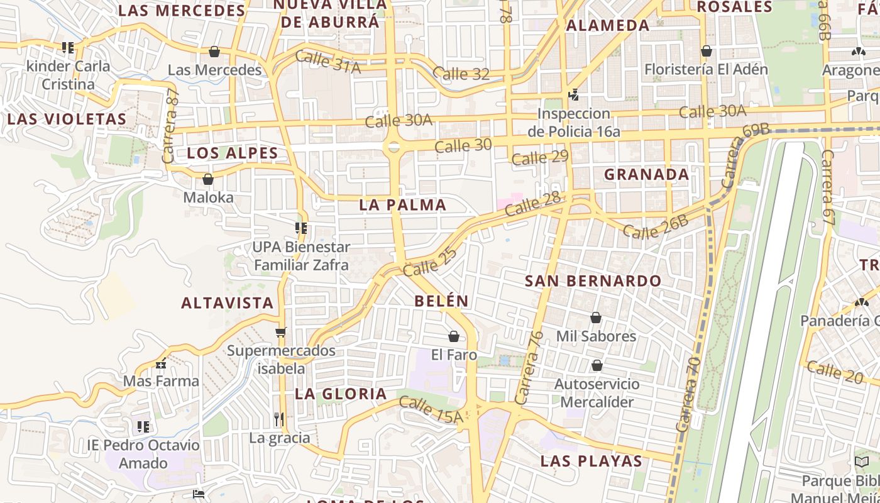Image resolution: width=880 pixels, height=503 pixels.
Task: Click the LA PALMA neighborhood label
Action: tap(403, 205)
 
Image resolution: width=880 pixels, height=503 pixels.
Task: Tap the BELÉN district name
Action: tap(441, 301)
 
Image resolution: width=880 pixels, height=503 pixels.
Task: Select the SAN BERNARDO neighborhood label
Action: tap(593, 281)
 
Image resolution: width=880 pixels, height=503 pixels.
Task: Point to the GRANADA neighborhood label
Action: tap(647, 175)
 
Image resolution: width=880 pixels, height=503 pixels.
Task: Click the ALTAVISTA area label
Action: tap(228, 303)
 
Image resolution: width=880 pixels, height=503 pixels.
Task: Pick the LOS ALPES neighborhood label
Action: tap(233, 153)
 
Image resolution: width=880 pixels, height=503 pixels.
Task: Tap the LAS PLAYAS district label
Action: tap(591, 461)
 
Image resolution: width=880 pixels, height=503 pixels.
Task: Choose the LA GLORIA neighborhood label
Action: tap(341, 394)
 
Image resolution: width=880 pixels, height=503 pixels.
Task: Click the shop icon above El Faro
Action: tap(454, 336)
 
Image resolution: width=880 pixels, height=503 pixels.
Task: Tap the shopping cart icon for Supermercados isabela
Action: tap(281, 332)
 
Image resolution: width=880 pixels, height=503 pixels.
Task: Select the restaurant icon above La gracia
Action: tap(279, 419)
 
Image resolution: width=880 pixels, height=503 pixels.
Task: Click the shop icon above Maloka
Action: tap(208, 179)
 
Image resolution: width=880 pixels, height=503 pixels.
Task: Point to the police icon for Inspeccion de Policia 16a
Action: tap(573, 95)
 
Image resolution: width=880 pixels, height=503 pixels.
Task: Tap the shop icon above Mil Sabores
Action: tap(596, 318)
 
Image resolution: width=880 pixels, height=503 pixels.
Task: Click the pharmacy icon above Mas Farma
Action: tap(161, 363)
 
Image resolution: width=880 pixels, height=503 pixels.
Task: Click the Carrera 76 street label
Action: tap(529, 368)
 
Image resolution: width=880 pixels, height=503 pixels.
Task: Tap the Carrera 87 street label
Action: tap(171, 126)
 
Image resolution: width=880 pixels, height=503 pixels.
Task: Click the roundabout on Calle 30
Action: tap(393, 147)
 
